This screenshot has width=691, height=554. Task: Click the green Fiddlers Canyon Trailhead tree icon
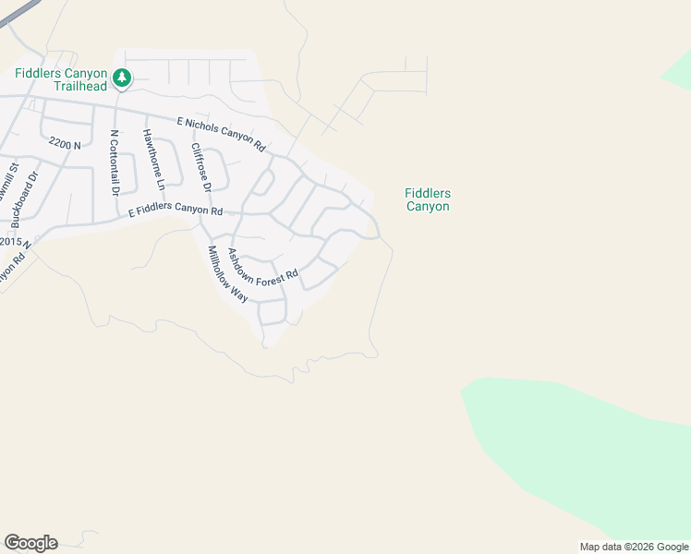coord(121,78)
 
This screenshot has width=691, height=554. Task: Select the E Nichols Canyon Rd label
coord(221,134)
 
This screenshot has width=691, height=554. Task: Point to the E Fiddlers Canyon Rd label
coord(176,211)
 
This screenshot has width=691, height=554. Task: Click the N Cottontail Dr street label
coord(115,163)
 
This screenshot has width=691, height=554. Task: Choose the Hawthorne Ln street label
coord(153,160)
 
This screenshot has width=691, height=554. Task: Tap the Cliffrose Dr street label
coord(201,167)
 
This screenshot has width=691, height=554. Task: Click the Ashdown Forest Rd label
coord(263,264)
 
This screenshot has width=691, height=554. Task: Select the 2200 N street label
coord(65,145)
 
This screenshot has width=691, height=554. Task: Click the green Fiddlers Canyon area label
coord(428,199)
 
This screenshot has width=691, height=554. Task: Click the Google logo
coord(30,543)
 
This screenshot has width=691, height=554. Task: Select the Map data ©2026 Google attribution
coord(634,547)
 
